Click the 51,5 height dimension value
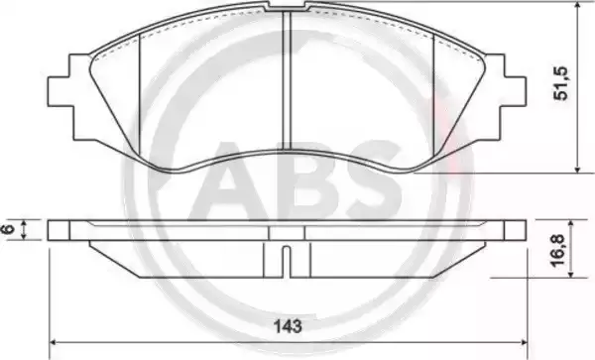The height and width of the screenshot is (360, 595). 561,83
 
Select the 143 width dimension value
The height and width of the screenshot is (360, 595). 289,326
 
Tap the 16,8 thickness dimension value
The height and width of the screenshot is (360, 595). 558,250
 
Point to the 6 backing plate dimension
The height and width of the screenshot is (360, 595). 9,229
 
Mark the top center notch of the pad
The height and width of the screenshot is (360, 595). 287,7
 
